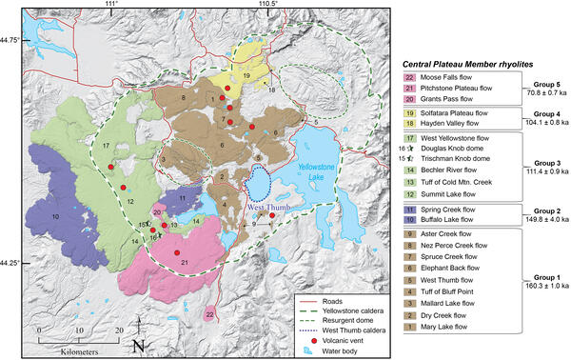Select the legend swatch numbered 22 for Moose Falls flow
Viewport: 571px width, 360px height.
(x=409, y=77)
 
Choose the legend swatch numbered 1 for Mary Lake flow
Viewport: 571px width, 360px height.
(x=409, y=326)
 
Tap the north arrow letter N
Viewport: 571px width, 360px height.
(x=139, y=344)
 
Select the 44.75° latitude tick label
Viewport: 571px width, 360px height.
(x=12, y=40)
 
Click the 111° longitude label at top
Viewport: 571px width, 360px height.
(x=110, y=5)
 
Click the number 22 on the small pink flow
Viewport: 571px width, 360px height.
(x=209, y=313)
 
